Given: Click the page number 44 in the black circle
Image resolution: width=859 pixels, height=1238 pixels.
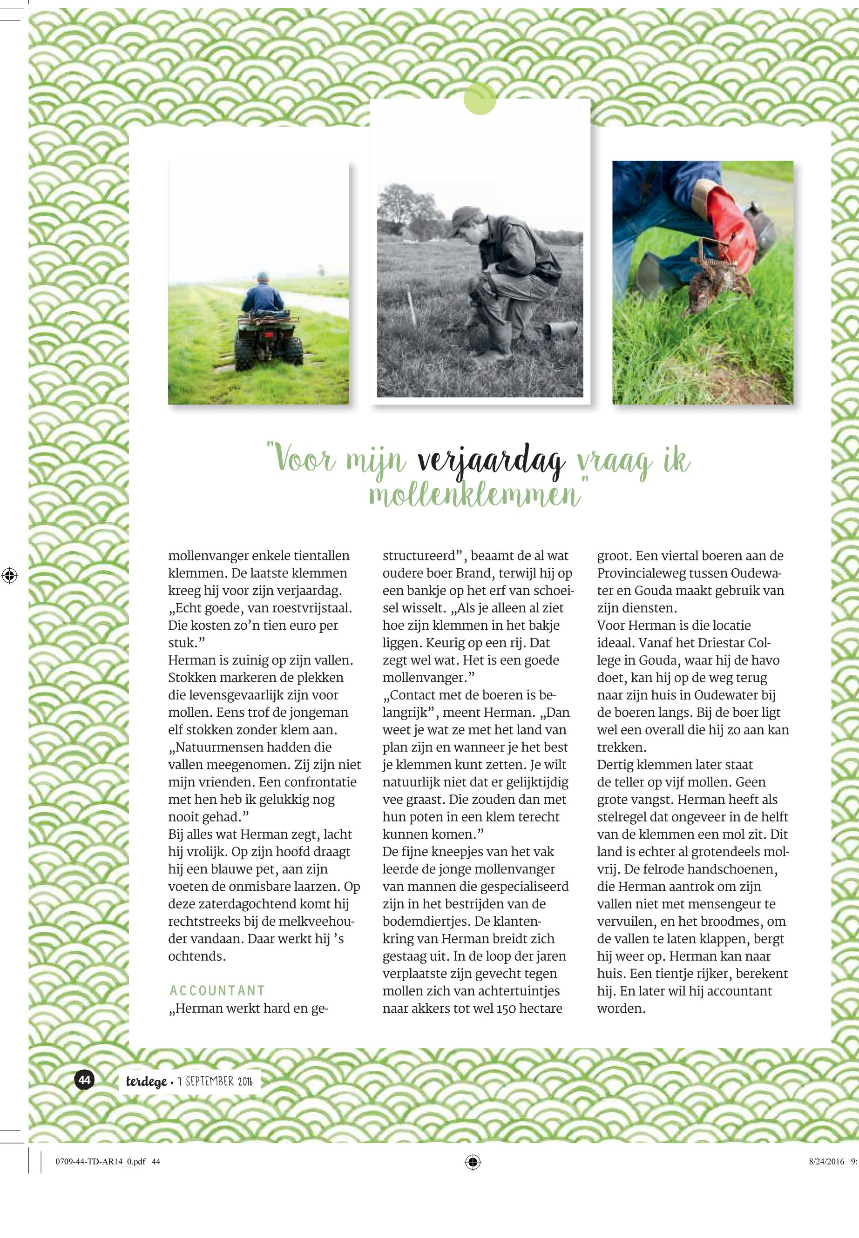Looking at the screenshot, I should [84, 1079].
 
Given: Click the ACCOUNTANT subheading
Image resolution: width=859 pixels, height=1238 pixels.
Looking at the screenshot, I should [217, 990].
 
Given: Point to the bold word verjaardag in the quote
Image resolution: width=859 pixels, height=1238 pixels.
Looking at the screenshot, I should [491, 461].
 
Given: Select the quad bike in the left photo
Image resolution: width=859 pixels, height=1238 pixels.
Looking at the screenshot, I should [268, 339].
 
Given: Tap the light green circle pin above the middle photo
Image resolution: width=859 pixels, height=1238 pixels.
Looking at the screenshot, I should [480, 99].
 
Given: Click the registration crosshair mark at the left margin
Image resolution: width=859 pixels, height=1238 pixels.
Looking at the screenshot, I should [9, 575].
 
